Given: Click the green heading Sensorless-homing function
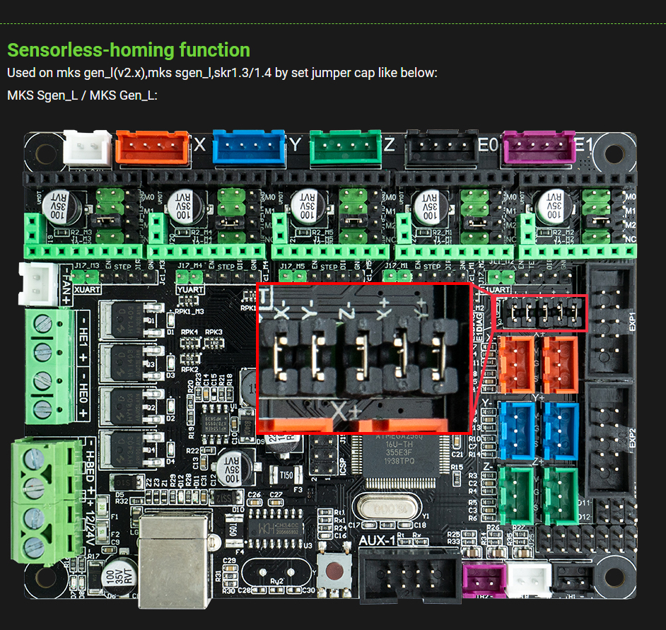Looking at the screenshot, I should [x=128, y=50].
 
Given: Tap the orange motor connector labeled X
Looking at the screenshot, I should [x=152, y=144].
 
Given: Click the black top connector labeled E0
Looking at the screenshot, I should [x=440, y=145].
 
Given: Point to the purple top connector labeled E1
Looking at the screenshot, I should [x=538, y=145].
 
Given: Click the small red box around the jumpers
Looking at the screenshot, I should [x=540, y=313].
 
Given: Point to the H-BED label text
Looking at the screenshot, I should [x=90, y=462].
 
